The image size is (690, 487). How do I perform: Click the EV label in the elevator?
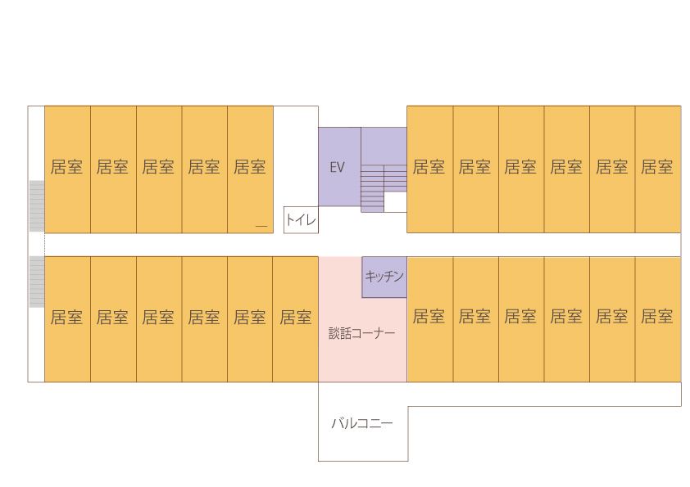(x=337, y=167)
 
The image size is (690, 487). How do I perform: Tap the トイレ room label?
(x=301, y=219)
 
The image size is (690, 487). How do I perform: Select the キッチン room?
(x=384, y=277)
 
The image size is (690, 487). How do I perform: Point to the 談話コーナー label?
(x=361, y=333)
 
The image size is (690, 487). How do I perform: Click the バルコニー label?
(x=361, y=423)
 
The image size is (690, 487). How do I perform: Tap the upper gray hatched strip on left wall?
(x=37, y=206)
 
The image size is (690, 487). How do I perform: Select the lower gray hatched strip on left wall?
(x=37, y=282)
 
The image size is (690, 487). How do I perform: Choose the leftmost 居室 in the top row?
(x=67, y=169)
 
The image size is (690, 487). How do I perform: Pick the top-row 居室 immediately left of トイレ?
(x=250, y=169)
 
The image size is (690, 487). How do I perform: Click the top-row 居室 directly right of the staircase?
(x=430, y=169)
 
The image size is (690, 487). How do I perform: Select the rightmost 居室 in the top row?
(x=658, y=169)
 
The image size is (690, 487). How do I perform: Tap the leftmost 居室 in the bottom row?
(x=67, y=319)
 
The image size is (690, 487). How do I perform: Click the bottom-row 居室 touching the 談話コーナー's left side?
(x=295, y=319)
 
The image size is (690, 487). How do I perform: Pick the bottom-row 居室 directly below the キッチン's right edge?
(x=430, y=319)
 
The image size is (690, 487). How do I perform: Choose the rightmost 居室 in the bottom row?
(x=658, y=319)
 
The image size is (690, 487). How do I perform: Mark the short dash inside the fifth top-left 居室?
(x=261, y=227)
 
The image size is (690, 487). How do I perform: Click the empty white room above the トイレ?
(x=296, y=156)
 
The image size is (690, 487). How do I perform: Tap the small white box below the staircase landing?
(x=395, y=202)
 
